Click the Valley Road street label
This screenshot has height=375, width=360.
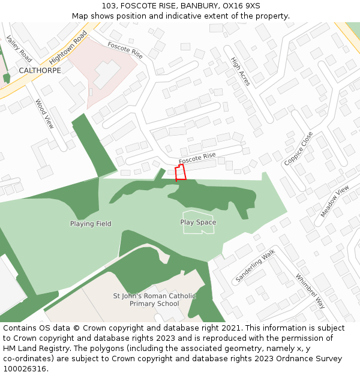[19, 49]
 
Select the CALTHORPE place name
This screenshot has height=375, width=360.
[40, 70]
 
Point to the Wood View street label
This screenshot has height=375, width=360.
[44, 115]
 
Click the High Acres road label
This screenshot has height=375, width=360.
[241, 71]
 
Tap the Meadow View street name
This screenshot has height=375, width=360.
[334, 202]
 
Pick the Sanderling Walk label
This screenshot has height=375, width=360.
[255, 265]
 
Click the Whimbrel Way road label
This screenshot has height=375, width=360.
[310, 291]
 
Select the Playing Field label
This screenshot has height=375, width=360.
[91, 224]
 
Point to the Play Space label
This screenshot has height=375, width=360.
[198, 222]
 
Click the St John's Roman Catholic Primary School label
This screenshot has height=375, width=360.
[155, 299]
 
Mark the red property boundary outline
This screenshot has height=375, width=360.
[180, 173]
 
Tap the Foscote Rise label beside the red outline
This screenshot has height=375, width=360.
[197, 158]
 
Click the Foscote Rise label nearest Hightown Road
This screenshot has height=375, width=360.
[125, 49]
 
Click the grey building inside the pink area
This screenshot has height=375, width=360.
[106, 74]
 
